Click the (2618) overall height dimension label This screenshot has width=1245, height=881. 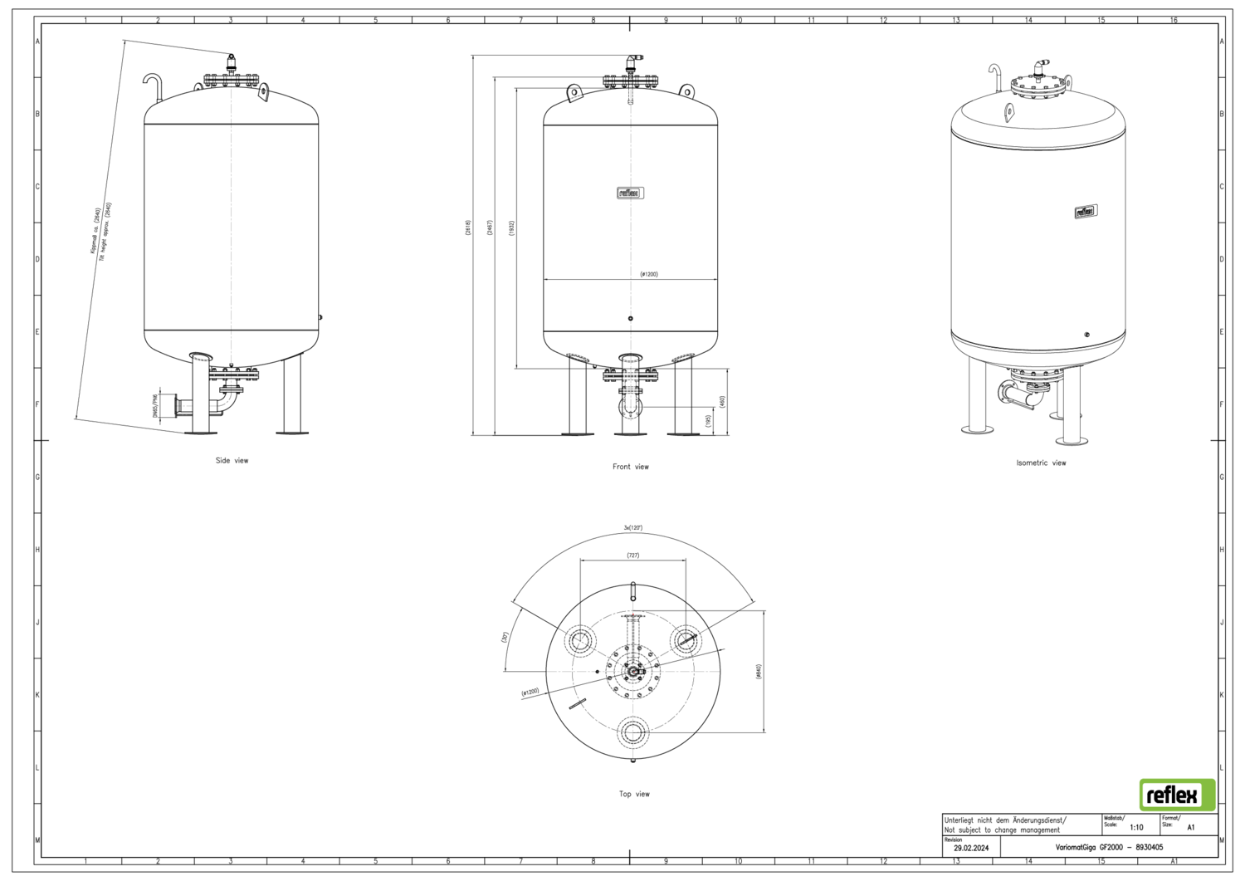tap(468, 228)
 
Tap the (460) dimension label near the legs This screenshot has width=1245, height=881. tap(722, 401)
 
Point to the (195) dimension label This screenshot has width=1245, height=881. tap(707, 421)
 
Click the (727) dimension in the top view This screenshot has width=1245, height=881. tap(633, 555)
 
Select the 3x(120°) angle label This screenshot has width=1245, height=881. tap(633, 528)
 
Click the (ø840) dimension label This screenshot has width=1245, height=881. tap(759, 672)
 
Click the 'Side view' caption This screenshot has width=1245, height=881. tap(232, 460)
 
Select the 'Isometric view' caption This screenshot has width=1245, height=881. tap(1041, 463)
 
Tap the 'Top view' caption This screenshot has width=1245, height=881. tap(634, 794)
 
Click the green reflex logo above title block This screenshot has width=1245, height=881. tap(1177, 795)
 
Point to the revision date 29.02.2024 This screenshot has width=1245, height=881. tap(971, 848)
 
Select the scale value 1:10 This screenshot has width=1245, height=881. tap(1135, 827)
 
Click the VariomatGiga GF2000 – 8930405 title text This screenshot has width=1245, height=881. tap(1109, 848)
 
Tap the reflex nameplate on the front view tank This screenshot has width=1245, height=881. tap(630, 193)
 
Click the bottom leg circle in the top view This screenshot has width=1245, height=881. tap(634, 732)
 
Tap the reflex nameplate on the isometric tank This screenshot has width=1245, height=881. tap(1086, 212)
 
